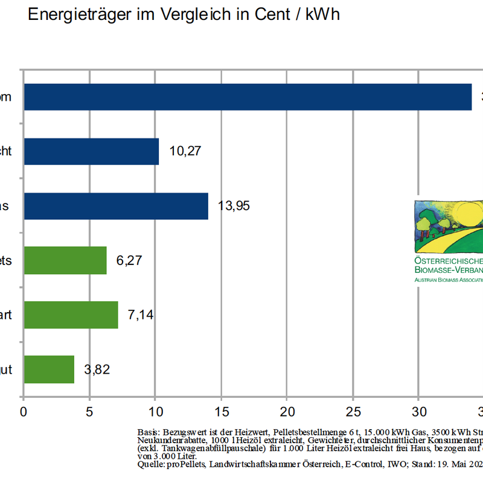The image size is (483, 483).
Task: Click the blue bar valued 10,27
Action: tap(91, 152)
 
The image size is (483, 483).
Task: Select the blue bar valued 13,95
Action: tap(115, 206)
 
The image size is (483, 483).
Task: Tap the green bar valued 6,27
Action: tap(65, 260)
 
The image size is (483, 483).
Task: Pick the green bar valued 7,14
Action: tap(71, 315)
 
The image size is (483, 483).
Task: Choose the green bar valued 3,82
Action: tap(48, 369)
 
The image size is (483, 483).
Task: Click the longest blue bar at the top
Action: tap(248, 97)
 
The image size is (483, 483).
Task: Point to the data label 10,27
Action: tap(185, 151)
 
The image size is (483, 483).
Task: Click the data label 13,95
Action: tap(234, 206)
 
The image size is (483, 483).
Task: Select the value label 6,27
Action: tap(129, 260)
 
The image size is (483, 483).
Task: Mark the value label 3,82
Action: tap(97, 369)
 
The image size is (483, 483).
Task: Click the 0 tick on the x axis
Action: tap(23, 412)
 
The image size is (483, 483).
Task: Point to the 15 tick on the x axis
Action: tap(221, 412)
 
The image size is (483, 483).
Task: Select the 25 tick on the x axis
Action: tap(353, 412)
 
